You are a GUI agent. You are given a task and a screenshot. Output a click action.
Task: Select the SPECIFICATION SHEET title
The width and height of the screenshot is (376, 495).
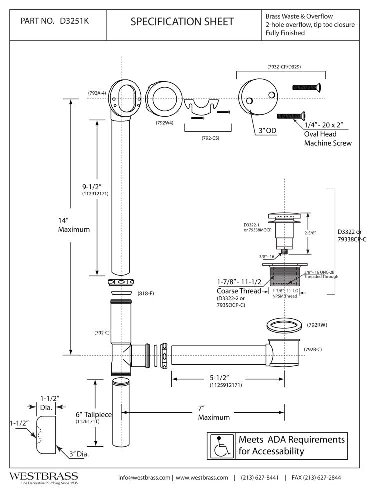(x=182, y=21)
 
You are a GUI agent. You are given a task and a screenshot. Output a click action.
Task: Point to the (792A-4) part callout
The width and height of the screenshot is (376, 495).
(x=96, y=93)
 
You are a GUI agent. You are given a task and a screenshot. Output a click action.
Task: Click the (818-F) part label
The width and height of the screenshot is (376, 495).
(x=146, y=293)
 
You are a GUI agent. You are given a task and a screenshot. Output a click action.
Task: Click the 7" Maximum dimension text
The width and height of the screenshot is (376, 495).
(x=214, y=413)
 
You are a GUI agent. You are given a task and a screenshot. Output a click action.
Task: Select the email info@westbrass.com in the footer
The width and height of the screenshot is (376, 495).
(x=144, y=477)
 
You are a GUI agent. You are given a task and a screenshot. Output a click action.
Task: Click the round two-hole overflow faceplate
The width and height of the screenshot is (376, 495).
(x=257, y=98)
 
